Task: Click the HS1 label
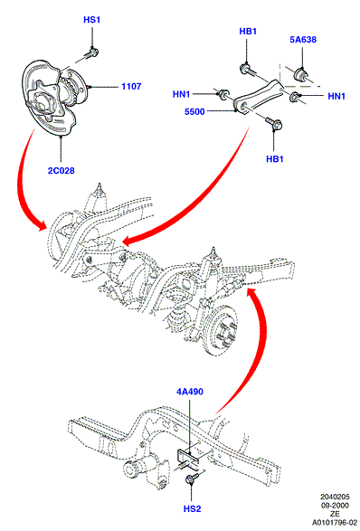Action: [91, 20]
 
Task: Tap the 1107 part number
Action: [131, 87]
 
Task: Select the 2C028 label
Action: [61, 171]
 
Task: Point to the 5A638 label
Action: [303, 40]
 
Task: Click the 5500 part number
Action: [194, 111]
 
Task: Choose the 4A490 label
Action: [190, 392]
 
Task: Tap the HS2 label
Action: [192, 509]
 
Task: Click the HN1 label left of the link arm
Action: [182, 94]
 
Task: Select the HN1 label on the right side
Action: [336, 96]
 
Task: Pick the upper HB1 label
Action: [248, 32]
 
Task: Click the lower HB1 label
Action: [275, 159]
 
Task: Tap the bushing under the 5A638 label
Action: [301, 75]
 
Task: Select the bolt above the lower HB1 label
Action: [273, 123]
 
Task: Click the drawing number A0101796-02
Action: [335, 523]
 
